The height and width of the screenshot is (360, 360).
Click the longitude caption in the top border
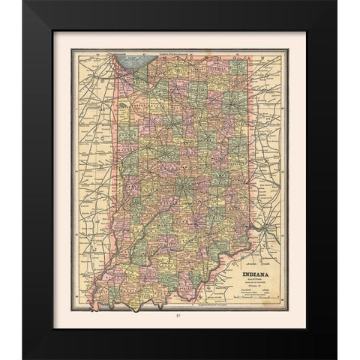coord(180,52)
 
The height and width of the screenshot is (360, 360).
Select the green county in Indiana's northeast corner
coord(238,66)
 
